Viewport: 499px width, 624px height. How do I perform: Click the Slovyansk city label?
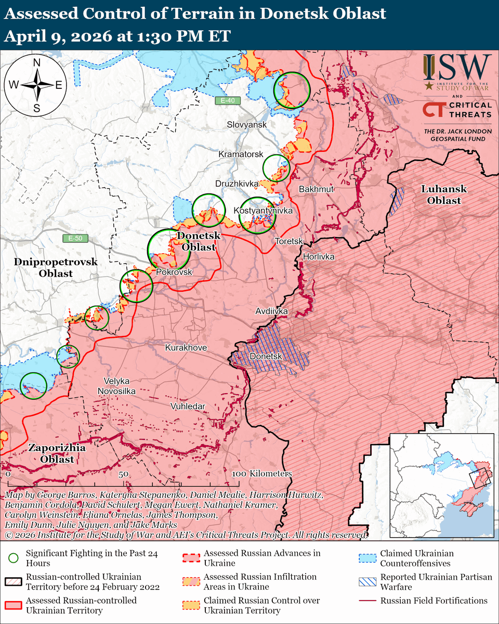[x=246, y=125]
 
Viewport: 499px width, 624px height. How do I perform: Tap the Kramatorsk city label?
[x=241, y=155]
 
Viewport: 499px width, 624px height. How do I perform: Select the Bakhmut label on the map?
[x=316, y=189]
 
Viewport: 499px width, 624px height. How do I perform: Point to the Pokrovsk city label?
[x=174, y=272]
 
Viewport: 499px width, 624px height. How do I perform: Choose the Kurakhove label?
[x=186, y=347]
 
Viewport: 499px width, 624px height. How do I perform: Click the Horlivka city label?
[x=318, y=257]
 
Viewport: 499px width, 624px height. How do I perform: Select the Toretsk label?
[x=288, y=242]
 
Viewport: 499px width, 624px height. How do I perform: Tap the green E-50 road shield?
[x=75, y=239]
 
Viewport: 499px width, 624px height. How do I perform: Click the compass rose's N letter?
[x=37, y=63]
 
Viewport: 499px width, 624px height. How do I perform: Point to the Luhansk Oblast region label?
[x=444, y=194]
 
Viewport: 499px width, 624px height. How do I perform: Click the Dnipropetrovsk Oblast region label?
[x=55, y=267]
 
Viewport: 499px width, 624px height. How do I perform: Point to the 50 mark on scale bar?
[x=123, y=474]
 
